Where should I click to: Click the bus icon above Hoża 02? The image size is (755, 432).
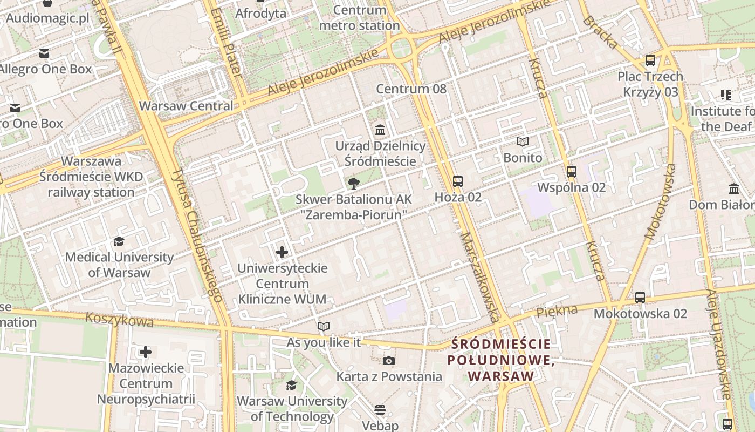click(457, 181)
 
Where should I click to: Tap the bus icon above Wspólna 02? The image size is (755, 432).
click(572, 172)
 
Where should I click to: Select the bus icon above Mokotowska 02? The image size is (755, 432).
click(640, 297)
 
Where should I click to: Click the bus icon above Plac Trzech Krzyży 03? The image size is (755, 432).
click(650, 60)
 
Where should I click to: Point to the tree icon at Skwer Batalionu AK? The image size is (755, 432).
click(354, 184)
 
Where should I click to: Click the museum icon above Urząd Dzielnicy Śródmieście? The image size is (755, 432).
click(380, 130)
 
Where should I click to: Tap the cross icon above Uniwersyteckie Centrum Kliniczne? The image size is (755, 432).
click(282, 252)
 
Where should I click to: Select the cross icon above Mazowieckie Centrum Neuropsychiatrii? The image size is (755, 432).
click(146, 353)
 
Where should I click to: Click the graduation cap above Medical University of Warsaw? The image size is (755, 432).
click(119, 241)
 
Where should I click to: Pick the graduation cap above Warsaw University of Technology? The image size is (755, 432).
click(291, 385)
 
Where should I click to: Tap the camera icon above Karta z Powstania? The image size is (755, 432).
click(388, 361)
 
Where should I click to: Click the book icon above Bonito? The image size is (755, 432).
click(522, 141)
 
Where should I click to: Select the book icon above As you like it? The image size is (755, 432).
click(323, 326)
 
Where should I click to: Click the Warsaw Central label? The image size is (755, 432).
click(186, 106)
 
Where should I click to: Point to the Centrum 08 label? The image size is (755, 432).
click(411, 89)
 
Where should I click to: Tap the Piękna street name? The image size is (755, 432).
click(557, 311)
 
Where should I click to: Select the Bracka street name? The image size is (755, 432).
click(599, 32)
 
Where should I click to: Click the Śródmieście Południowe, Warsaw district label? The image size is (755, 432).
click(501, 360)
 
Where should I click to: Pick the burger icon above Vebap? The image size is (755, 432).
click(380, 410)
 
